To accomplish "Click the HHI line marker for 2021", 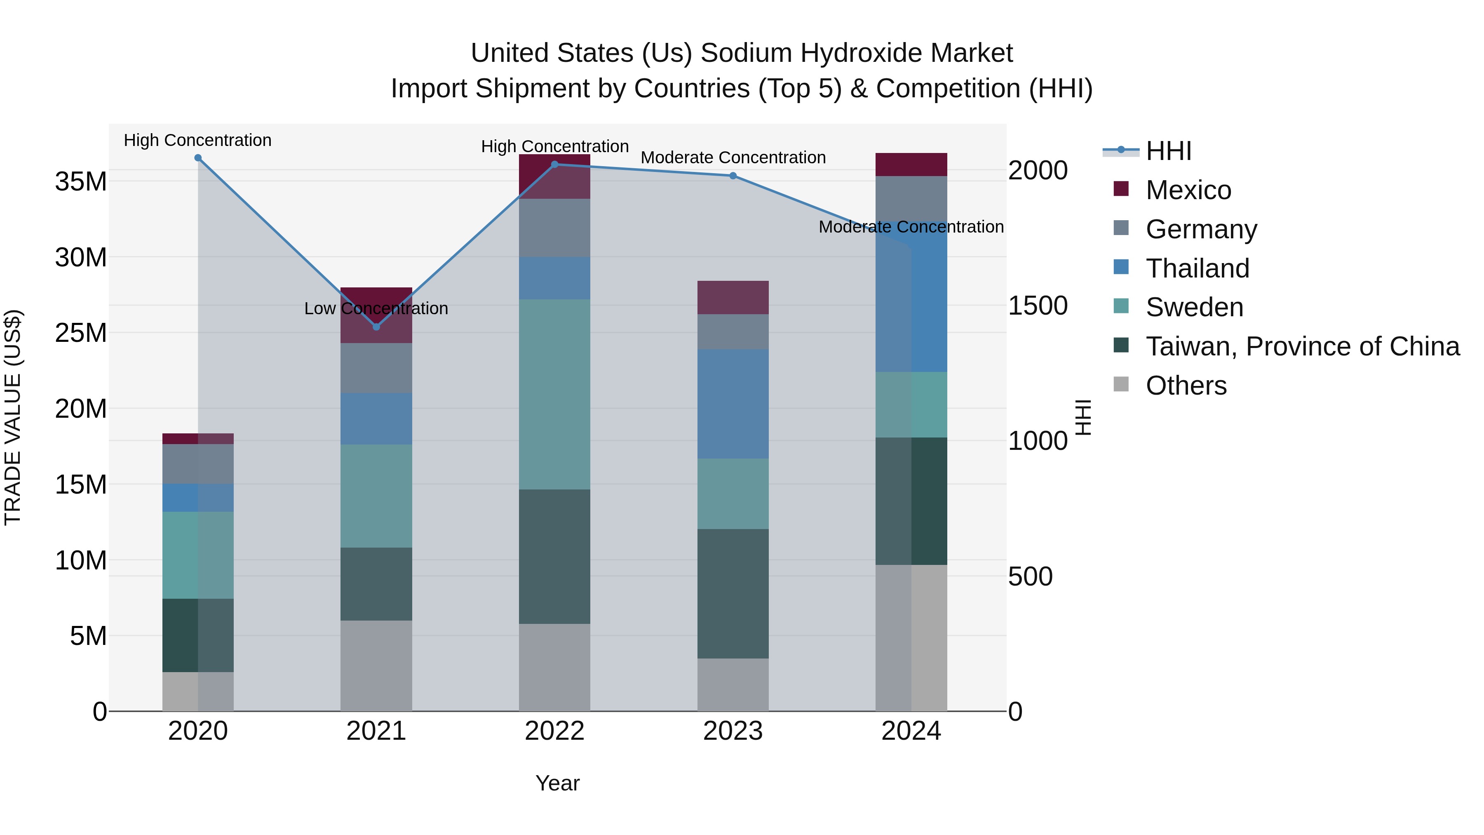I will point(376,327).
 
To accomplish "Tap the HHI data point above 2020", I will point(197,158).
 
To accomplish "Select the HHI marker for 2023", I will point(733,176).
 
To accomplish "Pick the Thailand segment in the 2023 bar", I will point(733,403).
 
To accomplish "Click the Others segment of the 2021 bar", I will point(376,666).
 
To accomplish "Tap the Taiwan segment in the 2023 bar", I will point(733,593).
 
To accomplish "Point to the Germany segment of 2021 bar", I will point(376,368).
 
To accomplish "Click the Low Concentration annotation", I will point(376,309).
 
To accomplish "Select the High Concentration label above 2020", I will point(197,141).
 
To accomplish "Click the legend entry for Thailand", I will point(1197,268).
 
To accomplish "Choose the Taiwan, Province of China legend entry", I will point(1302,346).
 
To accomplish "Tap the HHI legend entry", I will point(1168,151).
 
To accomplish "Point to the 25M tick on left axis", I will point(81,333).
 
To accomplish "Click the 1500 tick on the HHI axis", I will point(1038,306).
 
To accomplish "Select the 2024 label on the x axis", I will point(911,731).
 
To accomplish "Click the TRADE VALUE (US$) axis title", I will point(13,417).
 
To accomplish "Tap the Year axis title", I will point(557,783).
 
